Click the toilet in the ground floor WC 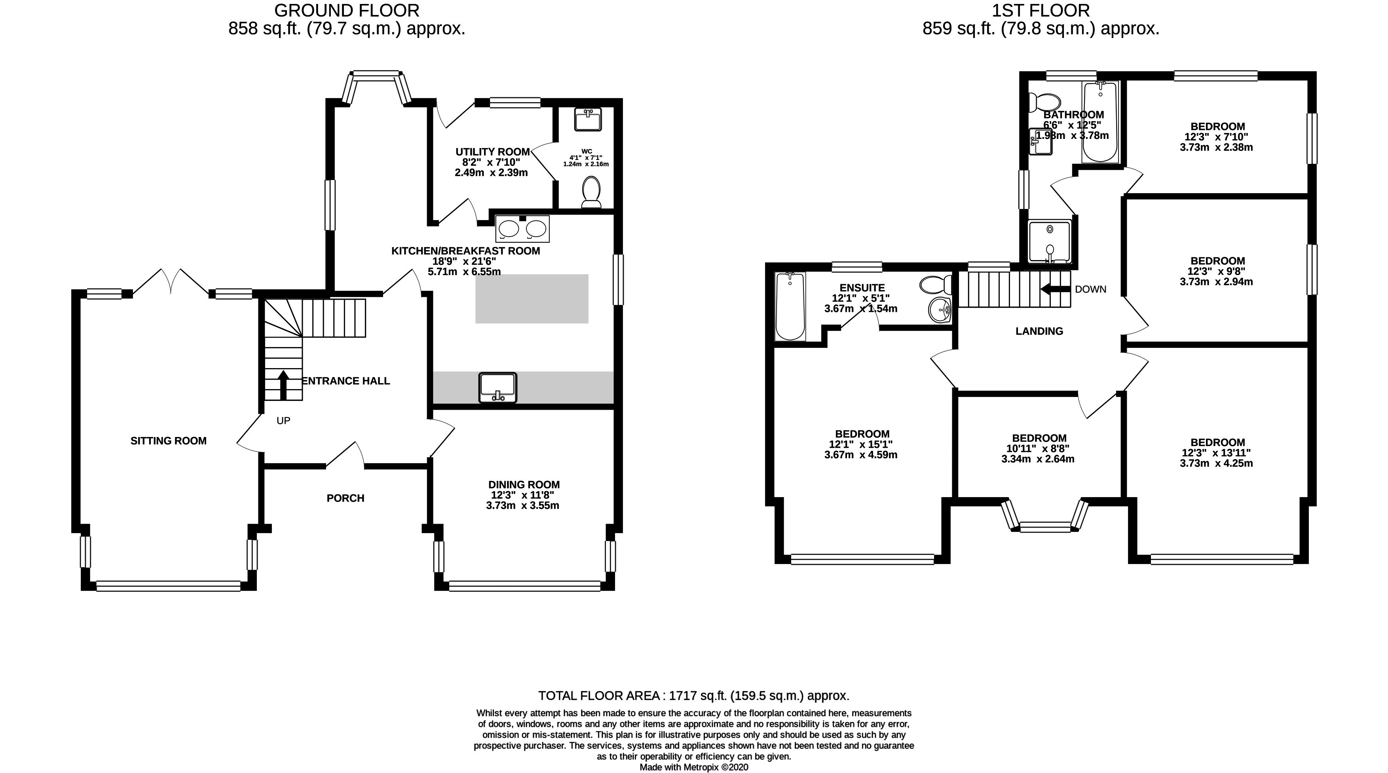point(592,192)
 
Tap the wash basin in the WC point(588,119)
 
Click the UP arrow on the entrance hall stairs point(283,384)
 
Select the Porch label point(346,498)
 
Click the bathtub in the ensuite point(790,306)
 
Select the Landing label point(1039,331)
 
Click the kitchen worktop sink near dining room point(497,388)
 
